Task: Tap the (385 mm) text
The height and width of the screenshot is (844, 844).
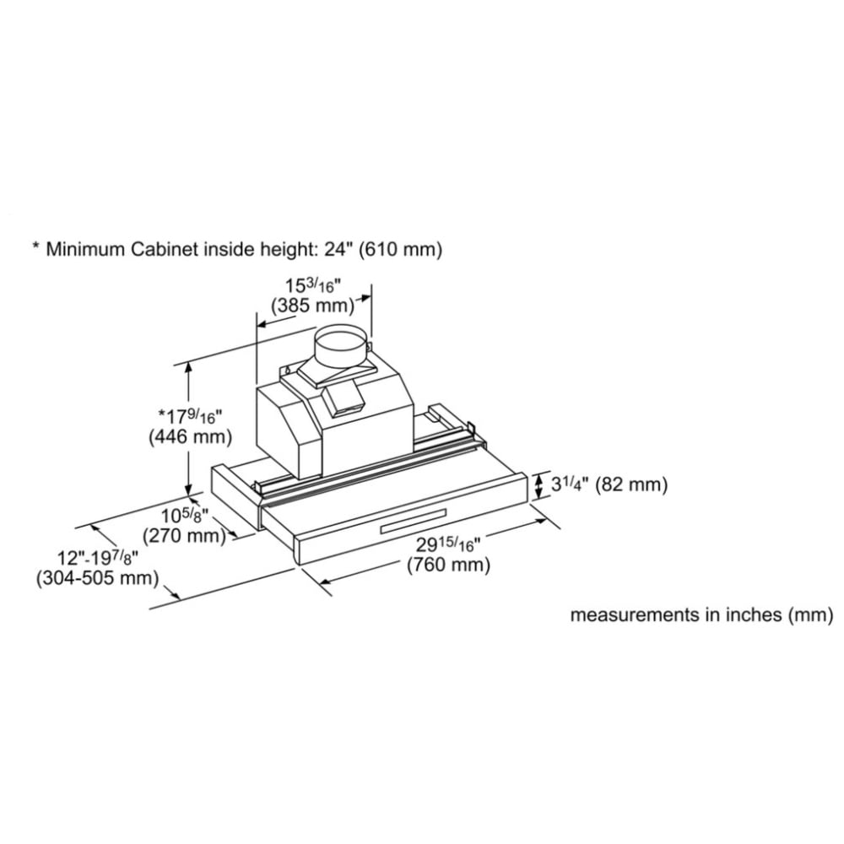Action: [x=313, y=306]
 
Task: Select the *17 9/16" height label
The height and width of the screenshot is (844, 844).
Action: [x=190, y=415]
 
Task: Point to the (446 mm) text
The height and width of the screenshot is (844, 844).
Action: [x=190, y=436]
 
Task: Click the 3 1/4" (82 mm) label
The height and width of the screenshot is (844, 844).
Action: [x=609, y=484]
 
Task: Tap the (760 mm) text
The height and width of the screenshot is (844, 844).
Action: [x=448, y=565]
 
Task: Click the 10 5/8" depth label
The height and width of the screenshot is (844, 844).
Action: [x=185, y=516]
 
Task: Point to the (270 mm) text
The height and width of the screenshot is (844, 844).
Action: [x=184, y=536]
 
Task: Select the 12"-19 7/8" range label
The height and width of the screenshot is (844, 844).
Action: [x=98, y=558]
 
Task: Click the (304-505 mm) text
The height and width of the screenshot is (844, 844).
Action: [x=97, y=578]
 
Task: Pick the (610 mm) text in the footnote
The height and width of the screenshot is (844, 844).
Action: [x=400, y=250]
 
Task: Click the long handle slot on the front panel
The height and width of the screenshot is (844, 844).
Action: [x=413, y=521]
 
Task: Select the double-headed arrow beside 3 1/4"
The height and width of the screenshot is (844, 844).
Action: [x=538, y=485]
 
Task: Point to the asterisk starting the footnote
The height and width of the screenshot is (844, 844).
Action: [x=36, y=246]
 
